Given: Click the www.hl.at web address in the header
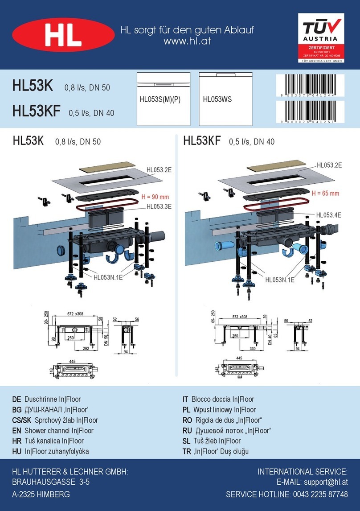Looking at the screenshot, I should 187,41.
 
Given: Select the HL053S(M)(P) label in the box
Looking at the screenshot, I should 160,100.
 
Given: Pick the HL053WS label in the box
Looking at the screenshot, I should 217,100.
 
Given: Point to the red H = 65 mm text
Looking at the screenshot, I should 325,194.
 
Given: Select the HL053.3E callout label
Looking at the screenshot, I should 159,206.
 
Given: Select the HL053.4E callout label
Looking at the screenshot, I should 329,214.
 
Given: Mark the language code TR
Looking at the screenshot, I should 187,451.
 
